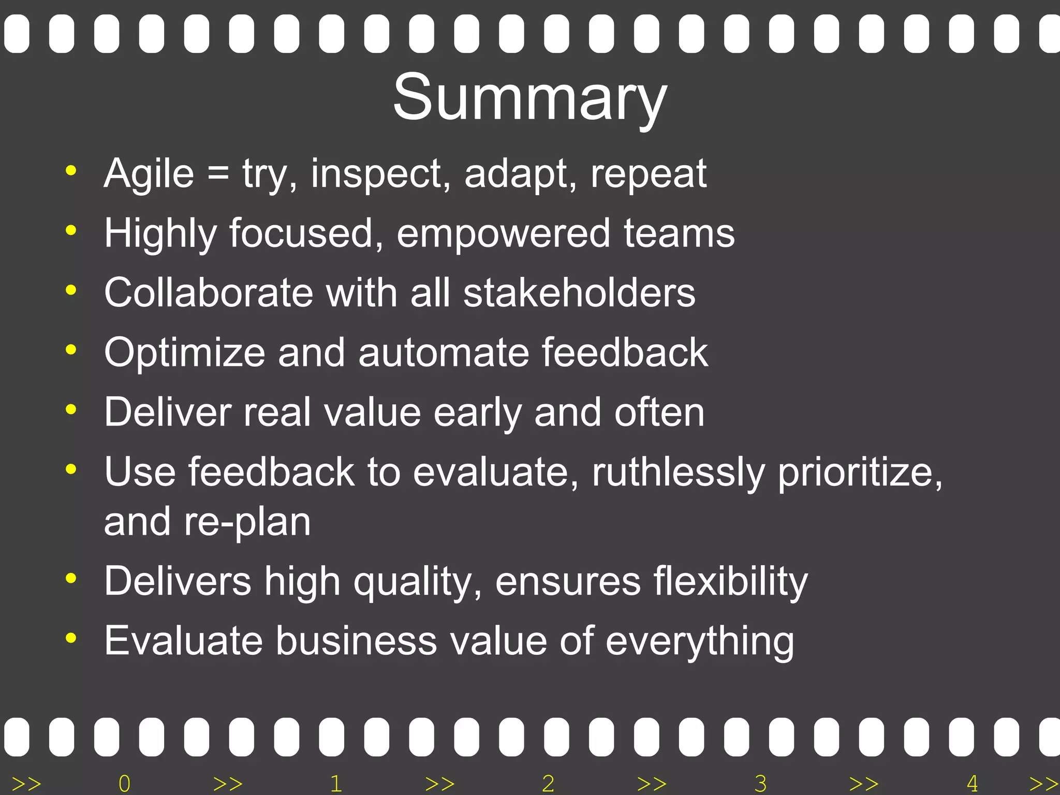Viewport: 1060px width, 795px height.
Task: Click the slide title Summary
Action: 529,97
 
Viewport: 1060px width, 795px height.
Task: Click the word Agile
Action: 149,174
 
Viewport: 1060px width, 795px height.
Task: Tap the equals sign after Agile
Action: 218,174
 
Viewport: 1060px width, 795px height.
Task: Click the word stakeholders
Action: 579,293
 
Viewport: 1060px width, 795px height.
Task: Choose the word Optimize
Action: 185,353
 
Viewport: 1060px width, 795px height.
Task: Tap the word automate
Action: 444,353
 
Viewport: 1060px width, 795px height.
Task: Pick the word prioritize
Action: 860,473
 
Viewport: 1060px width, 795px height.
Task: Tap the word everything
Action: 699,642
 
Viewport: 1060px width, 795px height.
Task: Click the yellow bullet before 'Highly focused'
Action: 71,230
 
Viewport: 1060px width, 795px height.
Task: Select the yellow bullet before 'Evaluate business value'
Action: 71,638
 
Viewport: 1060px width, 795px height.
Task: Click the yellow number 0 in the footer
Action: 124,784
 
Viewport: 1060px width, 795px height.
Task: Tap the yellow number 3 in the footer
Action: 760,784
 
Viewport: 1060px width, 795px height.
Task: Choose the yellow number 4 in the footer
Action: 973,784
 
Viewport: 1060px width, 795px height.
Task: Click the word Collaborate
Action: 208,293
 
